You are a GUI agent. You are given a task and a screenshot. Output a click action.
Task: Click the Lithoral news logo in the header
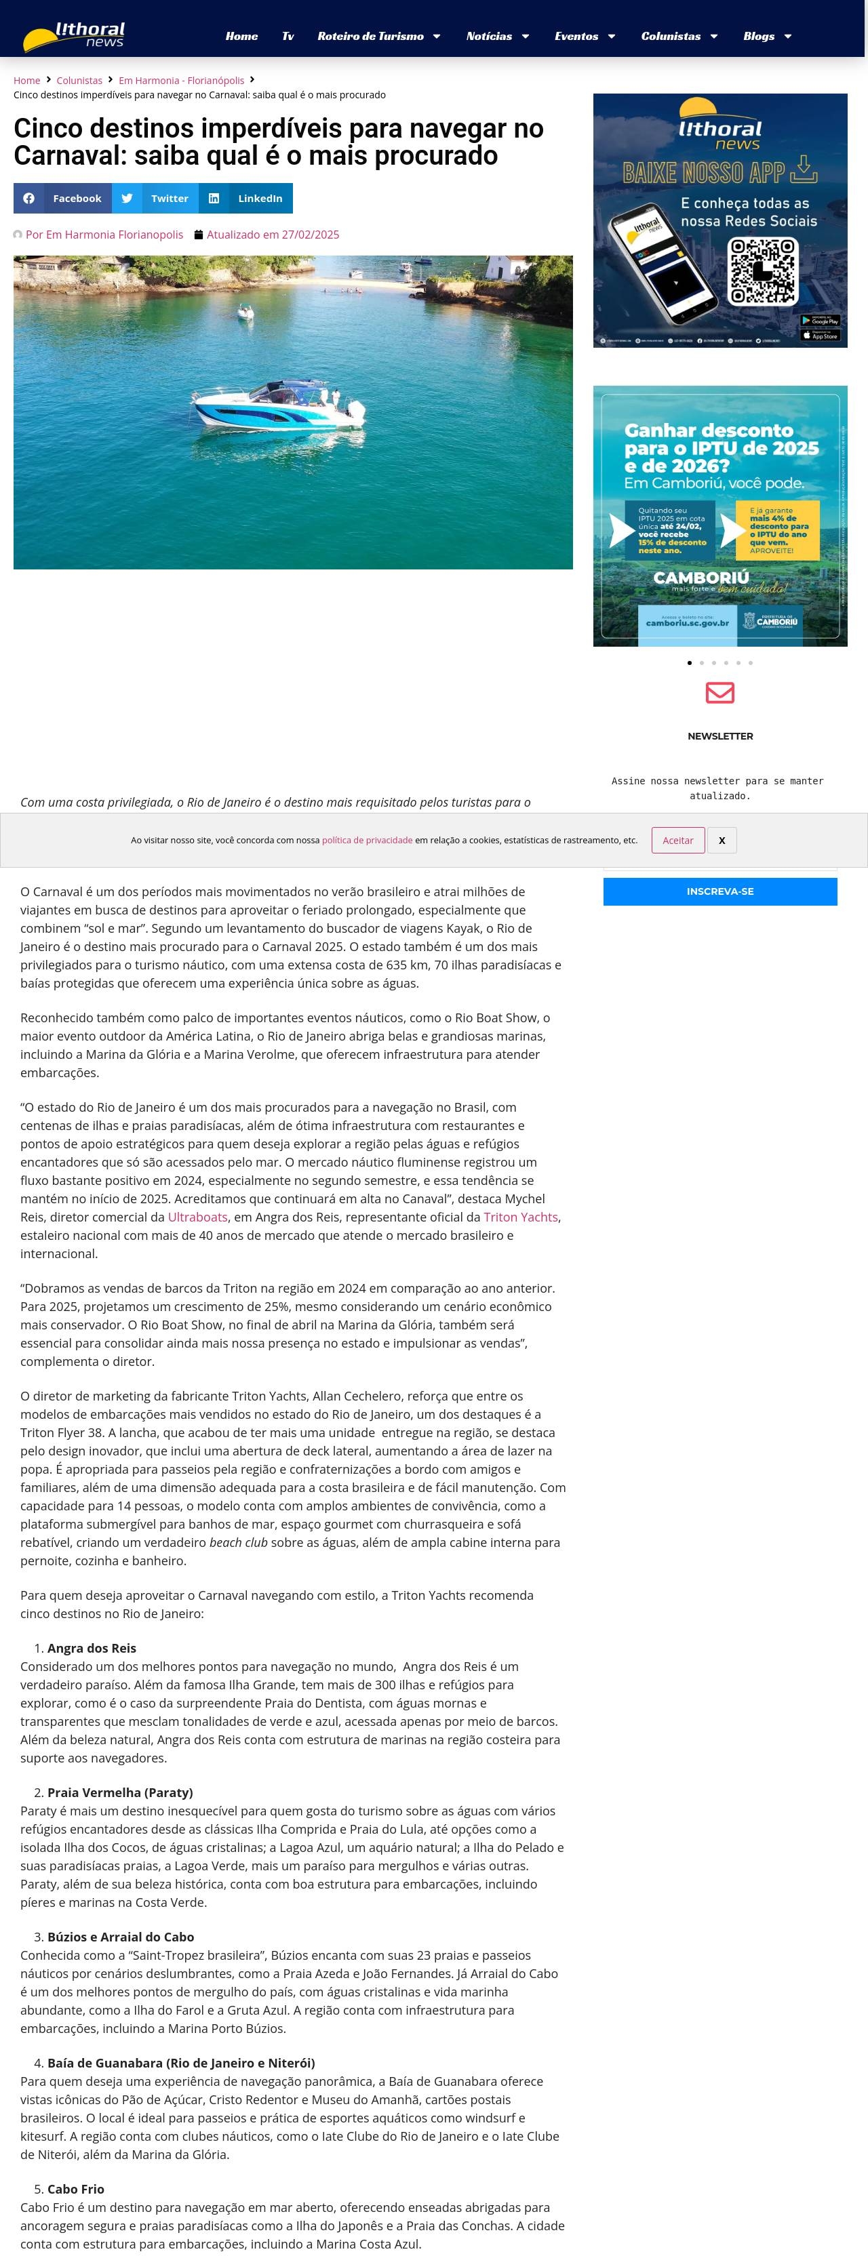point(75,36)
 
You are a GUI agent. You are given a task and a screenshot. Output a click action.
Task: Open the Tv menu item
point(288,36)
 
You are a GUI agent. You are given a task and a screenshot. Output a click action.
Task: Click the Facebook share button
point(62,198)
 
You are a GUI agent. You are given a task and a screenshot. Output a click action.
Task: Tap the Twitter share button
point(155,198)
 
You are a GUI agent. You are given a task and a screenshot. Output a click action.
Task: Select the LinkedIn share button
point(246,198)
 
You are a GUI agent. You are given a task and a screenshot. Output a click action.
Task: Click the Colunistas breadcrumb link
point(79,81)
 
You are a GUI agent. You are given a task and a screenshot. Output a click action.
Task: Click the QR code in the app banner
point(763,270)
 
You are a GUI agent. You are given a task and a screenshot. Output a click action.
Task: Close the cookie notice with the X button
point(722,840)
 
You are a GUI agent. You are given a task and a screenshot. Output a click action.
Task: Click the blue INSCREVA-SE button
point(720,891)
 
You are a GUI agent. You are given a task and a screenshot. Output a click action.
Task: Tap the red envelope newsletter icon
point(720,693)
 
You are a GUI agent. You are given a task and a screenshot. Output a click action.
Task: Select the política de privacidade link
point(367,840)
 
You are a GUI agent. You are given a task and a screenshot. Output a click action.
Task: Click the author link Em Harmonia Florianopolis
point(104,235)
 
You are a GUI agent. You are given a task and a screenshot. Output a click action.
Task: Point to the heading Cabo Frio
point(75,2189)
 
